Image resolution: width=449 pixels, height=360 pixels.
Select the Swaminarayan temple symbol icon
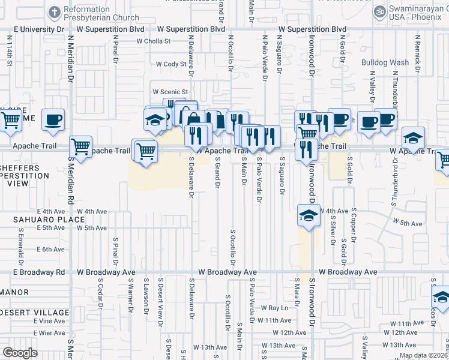[379, 11]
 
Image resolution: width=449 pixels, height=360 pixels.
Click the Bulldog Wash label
[385, 62]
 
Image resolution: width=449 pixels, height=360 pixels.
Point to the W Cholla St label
[154, 41]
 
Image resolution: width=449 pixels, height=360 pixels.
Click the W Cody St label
[171, 64]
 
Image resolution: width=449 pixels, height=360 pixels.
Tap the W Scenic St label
[169, 92]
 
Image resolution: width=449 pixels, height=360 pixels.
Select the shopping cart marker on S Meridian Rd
[80, 146]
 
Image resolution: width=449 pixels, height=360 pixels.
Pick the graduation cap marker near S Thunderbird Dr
[413, 138]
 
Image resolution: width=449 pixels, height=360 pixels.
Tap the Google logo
[20, 353]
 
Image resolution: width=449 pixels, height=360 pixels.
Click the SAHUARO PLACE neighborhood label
[41, 220]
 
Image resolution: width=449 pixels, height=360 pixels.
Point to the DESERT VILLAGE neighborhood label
[34, 313]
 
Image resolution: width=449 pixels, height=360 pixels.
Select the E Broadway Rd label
[39, 272]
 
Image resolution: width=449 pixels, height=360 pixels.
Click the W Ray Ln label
[275, 308]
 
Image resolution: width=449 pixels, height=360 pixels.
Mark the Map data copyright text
[423, 355]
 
